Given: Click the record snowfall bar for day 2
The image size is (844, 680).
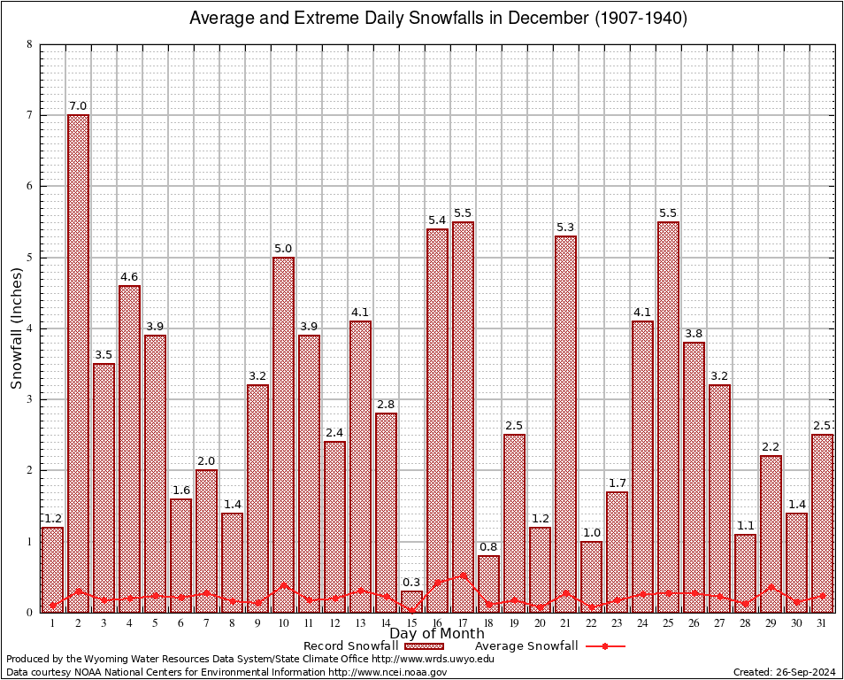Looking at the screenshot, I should [78, 363].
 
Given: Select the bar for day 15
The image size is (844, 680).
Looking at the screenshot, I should [411, 601].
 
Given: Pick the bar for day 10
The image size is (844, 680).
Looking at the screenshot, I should [283, 434].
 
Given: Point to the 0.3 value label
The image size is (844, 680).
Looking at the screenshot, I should [411, 583].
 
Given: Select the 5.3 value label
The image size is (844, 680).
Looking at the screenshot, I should [565, 228].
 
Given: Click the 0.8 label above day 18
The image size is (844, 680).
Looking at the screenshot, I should [488, 547].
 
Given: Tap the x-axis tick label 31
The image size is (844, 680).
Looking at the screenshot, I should [822, 623].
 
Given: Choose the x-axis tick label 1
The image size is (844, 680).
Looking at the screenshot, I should [52, 623].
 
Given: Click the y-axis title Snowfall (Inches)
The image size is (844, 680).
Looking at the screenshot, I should [17, 328].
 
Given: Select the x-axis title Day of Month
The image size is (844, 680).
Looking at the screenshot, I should [436, 633].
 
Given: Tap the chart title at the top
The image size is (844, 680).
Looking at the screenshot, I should [438, 19].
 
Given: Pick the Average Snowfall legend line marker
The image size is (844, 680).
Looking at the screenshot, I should [604, 646].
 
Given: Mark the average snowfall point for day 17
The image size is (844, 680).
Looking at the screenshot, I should [463, 576].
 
